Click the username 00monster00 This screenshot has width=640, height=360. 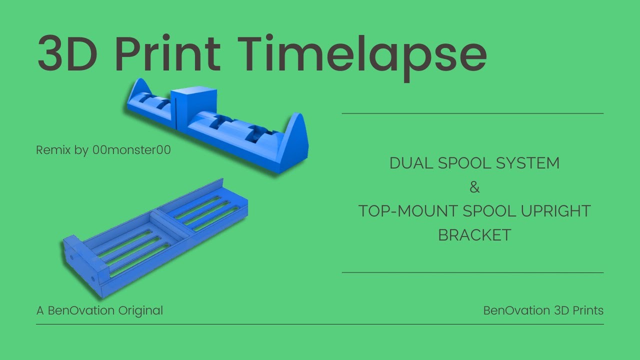point(131,150)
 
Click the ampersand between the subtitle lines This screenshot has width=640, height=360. point(474,188)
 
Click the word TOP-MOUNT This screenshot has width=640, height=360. point(407,211)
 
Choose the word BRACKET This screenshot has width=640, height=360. point(474,234)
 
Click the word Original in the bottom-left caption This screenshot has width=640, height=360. point(140,310)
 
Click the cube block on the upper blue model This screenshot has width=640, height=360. point(194,106)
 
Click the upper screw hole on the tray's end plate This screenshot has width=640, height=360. point(71,258)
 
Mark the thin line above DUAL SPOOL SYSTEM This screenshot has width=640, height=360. point(472,113)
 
